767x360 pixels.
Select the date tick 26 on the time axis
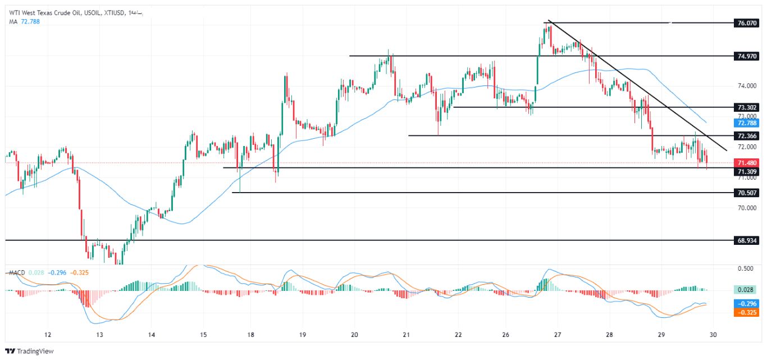click(506, 335)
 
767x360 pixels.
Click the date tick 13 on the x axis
click(99, 335)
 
